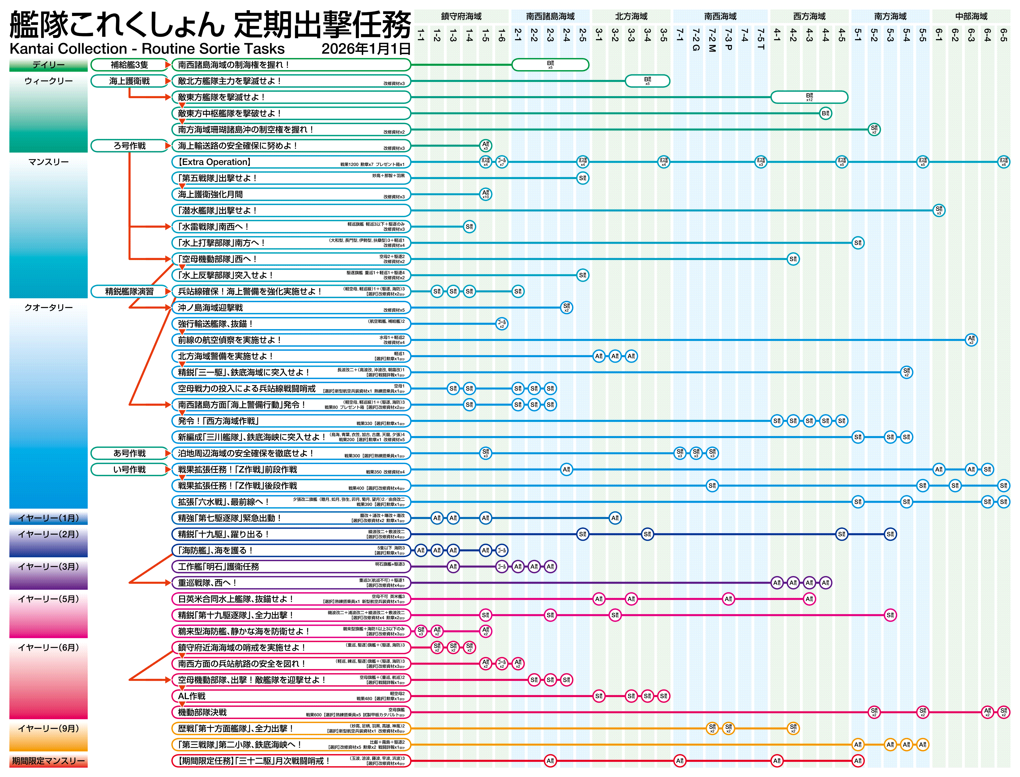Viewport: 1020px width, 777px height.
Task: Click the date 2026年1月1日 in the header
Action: [366, 49]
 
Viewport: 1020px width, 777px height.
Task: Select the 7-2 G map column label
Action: [696, 39]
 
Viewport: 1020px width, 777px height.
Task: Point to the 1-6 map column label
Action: [501, 35]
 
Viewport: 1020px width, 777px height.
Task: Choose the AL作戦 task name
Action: [191, 696]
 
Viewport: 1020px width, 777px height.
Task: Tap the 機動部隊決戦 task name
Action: [202, 712]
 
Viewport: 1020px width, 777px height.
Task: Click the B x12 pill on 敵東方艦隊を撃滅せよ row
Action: [809, 97]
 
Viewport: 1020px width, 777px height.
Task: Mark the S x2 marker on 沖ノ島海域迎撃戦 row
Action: [566, 308]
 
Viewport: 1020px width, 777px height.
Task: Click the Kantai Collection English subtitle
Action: [147, 49]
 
